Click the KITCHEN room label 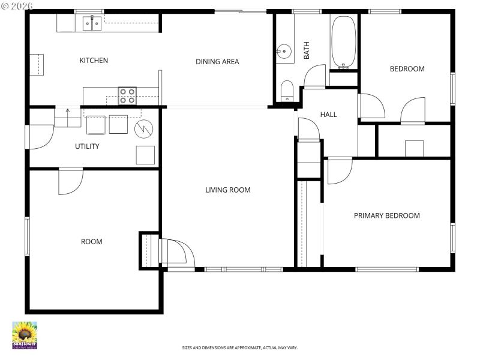point(94,61)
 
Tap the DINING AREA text point(217,61)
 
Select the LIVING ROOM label point(227,190)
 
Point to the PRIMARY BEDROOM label point(386,215)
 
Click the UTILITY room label point(87,146)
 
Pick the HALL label point(328,115)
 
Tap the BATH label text point(306,52)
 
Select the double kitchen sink point(92,23)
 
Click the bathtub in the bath point(344,42)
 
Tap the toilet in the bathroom point(287,91)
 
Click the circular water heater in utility point(144,128)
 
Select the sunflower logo point(25,335)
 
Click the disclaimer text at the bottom point(240,347)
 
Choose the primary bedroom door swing point(339,172)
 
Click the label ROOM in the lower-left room point(91,242)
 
